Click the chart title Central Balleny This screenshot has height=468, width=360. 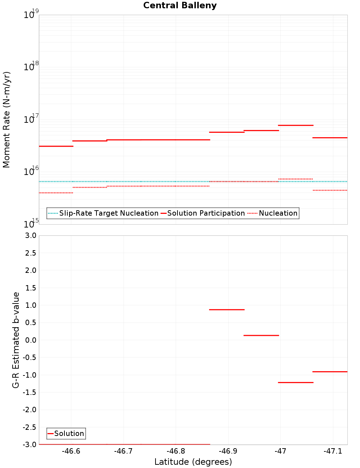180,5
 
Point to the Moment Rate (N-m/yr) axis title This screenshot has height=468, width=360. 6,120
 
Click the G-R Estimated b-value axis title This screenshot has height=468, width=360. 16,340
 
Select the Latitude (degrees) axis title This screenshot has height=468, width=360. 193,462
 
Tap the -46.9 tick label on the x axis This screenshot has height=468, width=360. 228,451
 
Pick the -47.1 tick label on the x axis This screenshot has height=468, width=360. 333,451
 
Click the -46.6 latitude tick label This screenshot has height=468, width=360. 71,451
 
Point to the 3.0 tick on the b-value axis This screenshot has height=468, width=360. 30,235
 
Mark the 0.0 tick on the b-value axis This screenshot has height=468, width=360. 30,340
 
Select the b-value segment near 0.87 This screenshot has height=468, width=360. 227,310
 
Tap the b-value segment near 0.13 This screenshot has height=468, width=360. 261,336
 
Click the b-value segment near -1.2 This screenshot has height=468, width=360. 296,382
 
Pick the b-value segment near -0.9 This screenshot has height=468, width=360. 330,372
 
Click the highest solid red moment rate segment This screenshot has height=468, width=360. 296,125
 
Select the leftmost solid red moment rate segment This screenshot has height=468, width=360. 56,146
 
